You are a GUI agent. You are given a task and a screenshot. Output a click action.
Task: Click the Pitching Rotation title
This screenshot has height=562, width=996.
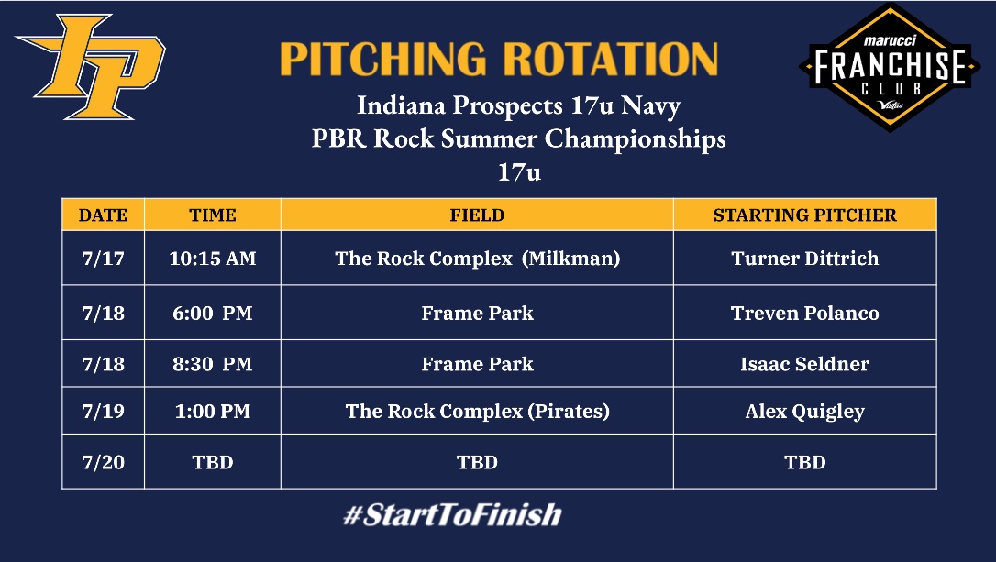[498, 59]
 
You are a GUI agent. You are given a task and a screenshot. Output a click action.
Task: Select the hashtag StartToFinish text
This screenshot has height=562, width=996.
[451, 514]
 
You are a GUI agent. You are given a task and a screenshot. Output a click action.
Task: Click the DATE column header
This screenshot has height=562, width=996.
[103, 215]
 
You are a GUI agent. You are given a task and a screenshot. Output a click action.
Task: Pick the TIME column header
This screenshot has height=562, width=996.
[213, 215]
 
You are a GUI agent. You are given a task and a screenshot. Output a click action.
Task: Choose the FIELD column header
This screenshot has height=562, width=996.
[477, 215]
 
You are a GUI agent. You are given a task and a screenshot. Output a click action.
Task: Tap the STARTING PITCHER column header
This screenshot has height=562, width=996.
[804, 215]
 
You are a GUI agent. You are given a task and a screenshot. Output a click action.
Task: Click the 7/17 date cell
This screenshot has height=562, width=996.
[103, 259]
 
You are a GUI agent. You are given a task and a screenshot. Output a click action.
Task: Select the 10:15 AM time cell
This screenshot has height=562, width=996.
[213, 259]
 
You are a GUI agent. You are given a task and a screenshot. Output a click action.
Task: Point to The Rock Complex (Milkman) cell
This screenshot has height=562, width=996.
[477, 259]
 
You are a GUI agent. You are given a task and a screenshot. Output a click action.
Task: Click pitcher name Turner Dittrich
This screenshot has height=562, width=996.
[804, 259]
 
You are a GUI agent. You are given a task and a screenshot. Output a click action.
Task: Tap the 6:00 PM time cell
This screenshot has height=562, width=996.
[213, 313]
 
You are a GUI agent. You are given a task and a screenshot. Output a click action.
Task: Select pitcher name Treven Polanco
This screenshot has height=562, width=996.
[804, 313]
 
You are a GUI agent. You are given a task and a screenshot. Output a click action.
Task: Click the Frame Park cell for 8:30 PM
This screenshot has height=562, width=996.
[477, 364]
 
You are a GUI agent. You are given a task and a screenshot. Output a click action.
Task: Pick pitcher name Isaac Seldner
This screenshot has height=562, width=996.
[804, 364]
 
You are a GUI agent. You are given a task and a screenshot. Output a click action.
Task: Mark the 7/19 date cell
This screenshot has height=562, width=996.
[103, 412]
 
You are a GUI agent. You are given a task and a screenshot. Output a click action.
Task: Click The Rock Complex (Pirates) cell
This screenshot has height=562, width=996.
[477, 412]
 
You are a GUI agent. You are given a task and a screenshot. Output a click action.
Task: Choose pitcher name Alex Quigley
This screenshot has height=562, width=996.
[804, 412]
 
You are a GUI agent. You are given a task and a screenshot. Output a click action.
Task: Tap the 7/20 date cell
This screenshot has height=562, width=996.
[103, 462]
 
